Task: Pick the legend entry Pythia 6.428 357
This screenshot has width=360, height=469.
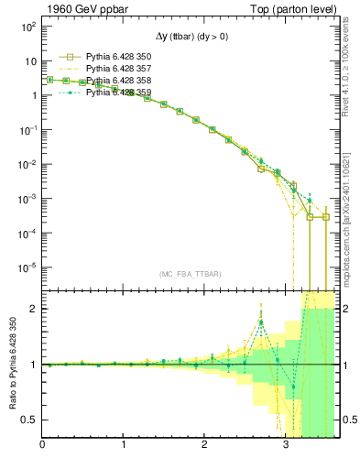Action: coord(119,69)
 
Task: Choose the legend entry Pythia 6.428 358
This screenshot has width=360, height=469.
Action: coord(119,81)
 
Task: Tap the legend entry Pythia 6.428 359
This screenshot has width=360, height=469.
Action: coord(119,93)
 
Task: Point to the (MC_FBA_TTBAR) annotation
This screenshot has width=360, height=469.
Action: coord(191,274)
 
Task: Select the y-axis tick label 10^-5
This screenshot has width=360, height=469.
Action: coord(26,268)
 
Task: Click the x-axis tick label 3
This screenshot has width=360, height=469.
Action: coord(287,446)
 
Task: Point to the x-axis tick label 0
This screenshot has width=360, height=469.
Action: coord(42,446)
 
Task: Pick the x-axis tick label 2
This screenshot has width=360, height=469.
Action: coord(205,446)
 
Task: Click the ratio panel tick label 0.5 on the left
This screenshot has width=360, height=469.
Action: coord(29,420)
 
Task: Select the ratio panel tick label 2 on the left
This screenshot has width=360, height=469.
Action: coord(33,309)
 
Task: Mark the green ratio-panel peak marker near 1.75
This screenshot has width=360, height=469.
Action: coord(262,322)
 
